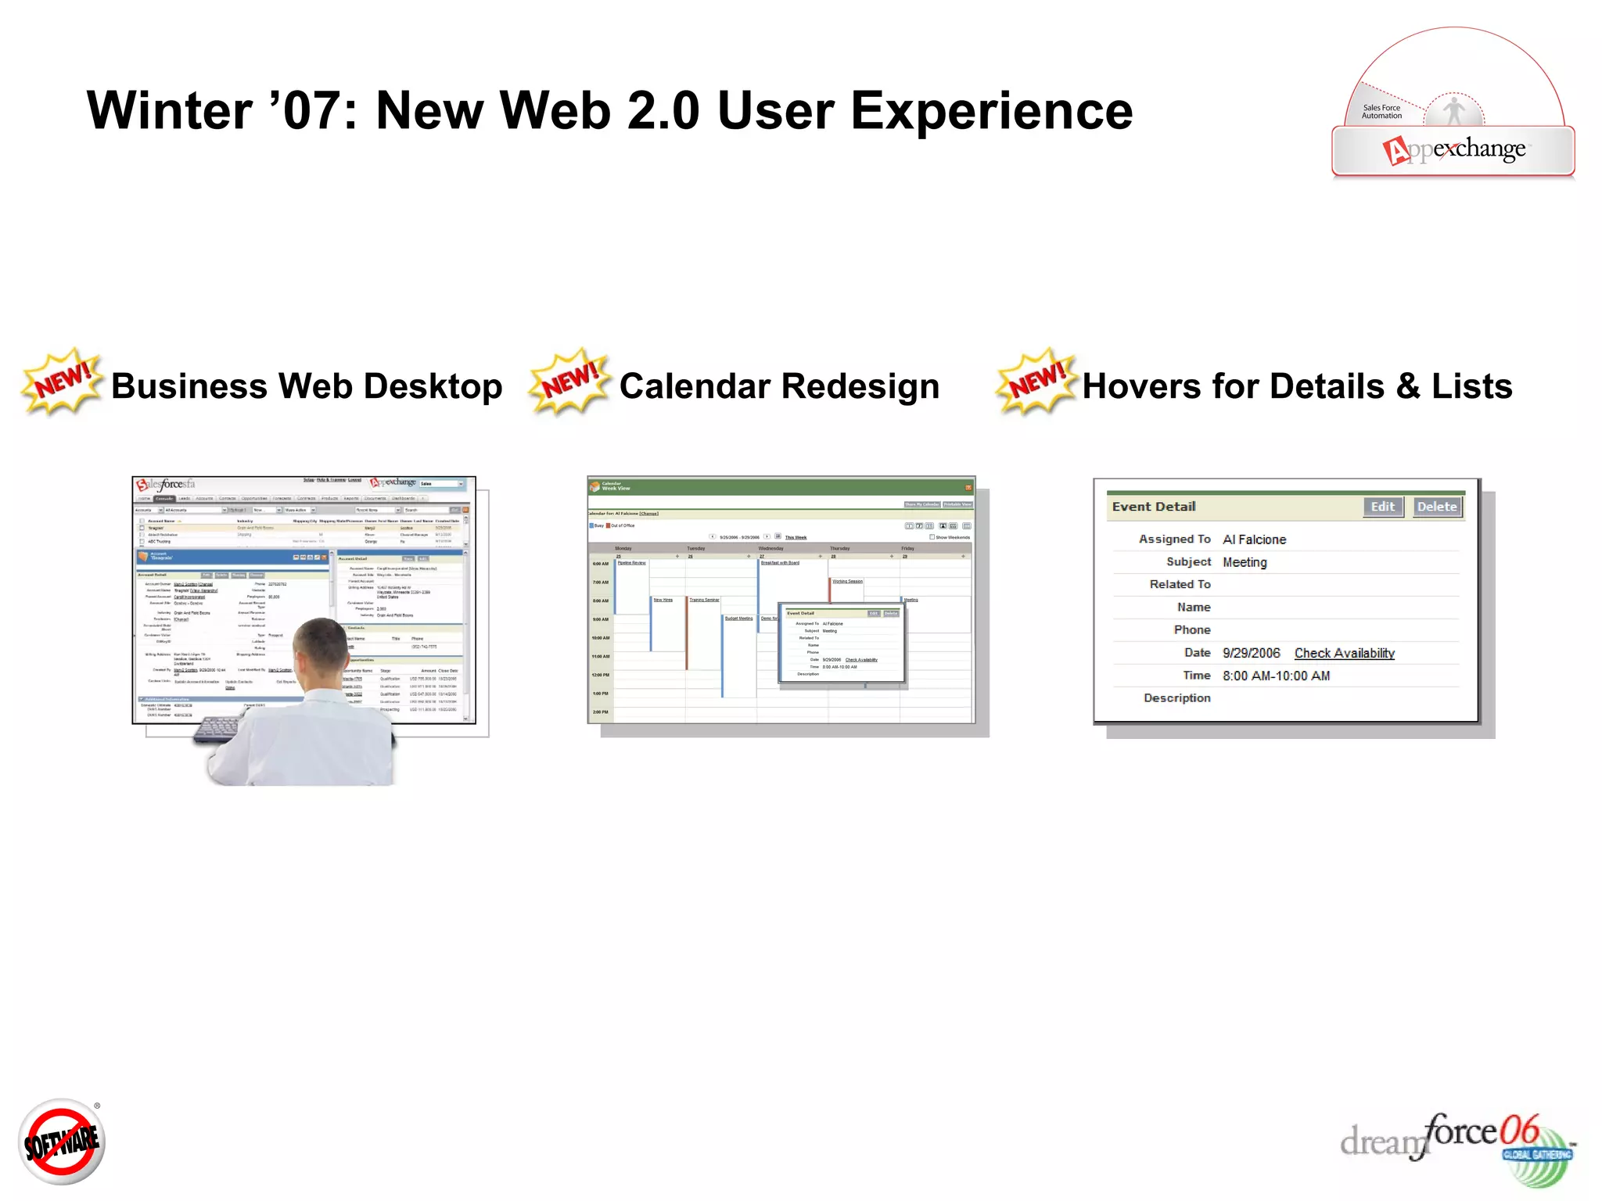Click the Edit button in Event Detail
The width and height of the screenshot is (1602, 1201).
click(1382, 507)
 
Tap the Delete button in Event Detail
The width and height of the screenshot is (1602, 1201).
click(1437, 507)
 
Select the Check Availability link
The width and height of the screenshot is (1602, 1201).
click(1344, 653)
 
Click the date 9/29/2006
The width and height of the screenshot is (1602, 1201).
click(1251, 653)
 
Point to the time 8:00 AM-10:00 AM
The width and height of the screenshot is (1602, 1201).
click(1276, 676)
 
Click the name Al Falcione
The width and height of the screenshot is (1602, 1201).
click(1254, 540)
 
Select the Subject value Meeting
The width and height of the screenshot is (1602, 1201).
click(1245, 562)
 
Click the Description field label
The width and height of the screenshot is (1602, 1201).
click(1176, 697)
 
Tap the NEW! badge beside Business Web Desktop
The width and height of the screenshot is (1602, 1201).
click(63, 381)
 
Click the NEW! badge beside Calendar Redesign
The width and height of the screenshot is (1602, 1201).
click(569, 381)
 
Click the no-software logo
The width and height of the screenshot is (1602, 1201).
click(62, 1142)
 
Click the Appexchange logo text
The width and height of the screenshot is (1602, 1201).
click(1455, 149)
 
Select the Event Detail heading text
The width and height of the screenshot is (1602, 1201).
click(1154, 507)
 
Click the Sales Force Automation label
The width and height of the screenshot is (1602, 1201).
click(1381, 112)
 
